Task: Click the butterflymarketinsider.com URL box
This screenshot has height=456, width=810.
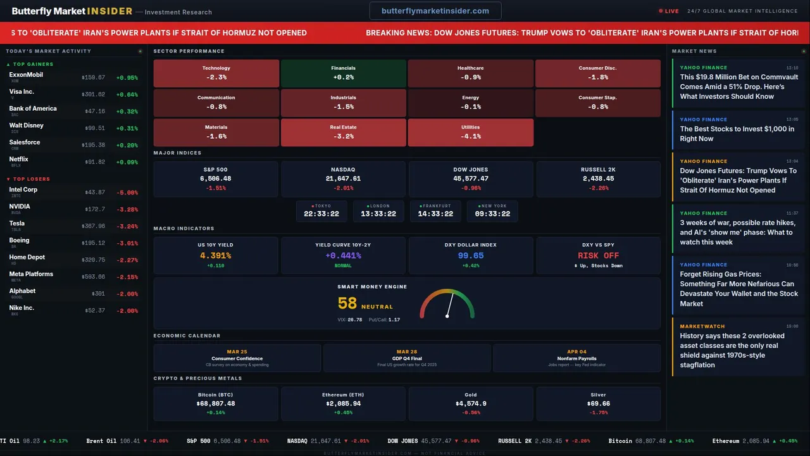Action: tap(435, 11)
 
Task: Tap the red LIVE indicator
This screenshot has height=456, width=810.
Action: tap(669, 11)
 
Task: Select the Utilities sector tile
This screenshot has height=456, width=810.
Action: tap(470, 132)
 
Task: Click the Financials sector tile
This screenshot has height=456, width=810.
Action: tap(343, 73)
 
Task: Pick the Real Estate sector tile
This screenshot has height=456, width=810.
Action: tap(343, 132)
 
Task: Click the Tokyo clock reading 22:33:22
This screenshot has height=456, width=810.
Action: tap(321, 214)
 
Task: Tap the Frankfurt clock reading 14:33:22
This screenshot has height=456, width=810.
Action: tap(435, 214)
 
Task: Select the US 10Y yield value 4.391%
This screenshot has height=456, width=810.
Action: tap(215, 256)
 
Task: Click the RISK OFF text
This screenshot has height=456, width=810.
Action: tap(598, 256)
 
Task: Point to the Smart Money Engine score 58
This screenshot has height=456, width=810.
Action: tap(347, 303)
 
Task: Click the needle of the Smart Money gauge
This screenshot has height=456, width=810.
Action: tap(449, 305)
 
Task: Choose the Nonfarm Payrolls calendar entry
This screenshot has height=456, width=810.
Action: tap(576, 358)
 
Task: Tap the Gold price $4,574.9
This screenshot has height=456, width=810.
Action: tap(471, 403)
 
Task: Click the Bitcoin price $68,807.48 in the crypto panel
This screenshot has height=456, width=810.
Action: tap(216, 403)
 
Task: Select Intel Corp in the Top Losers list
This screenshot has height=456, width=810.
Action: tap(23, 190)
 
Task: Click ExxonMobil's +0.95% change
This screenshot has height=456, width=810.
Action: tap(127, 78)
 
